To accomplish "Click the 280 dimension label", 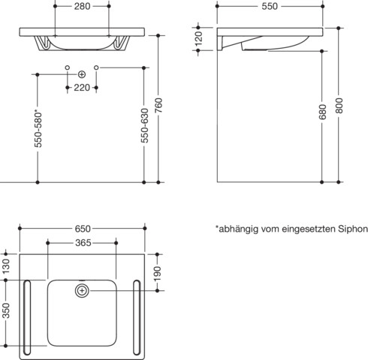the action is click(x=82, y=6).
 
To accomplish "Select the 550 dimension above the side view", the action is click(x=270, y=6).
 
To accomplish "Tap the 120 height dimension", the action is click(x=199, y=38).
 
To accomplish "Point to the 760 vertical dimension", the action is click(x=159, y=105).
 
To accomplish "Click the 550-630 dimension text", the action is click(x=144, y=125).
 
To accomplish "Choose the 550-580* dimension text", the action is click(x=38, y=130).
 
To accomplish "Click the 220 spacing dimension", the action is click(x=82, y=88).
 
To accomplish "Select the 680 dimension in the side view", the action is click(x=323, y=112).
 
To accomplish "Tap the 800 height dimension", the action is click(x=339, y=105).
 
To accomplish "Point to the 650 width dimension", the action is click(x=83, y=229).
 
